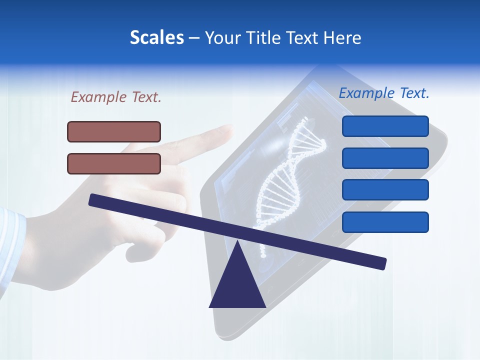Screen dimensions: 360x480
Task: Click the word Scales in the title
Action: coord(156,37)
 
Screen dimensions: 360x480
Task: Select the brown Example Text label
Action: coord(116,97)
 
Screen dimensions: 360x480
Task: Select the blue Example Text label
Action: coord(384,93)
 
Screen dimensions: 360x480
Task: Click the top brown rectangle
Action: coord(114,131)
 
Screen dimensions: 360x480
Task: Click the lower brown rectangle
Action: coord(114,163)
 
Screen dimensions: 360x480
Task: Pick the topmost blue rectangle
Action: coord(385,126)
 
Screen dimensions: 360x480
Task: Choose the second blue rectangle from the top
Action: coord(385,158)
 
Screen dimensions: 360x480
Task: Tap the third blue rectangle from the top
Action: coord(385,190)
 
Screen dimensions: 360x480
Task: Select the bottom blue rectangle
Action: coord(385,222)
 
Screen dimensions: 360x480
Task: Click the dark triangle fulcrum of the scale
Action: coord(237,285)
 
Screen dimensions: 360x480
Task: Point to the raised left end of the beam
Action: coord(93,200)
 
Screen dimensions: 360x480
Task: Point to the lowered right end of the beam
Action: coord(382,263)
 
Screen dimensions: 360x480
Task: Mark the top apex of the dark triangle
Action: coord(237,241)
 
